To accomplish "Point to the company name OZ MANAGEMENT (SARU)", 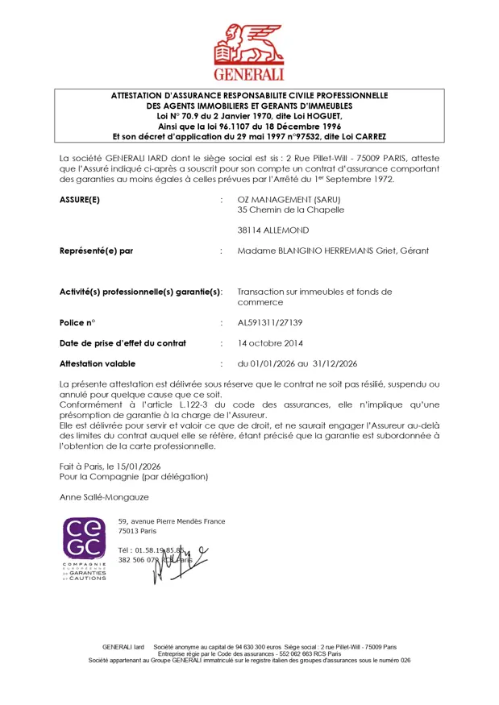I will click(x=288, y=199).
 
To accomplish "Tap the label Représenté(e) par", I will click(x=97, y=251).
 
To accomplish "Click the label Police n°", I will click(x=77, y=322).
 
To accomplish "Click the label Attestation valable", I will click(x=98, y=363).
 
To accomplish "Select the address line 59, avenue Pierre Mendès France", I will click(x=171, y=521).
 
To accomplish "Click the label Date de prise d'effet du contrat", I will click(x=123, y=343).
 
